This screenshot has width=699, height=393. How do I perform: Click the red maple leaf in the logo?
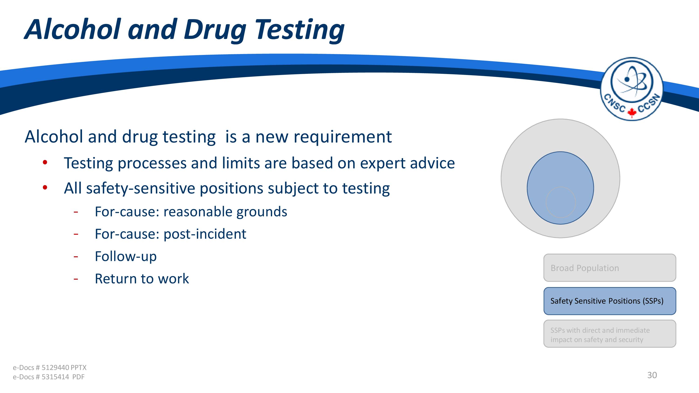click(x=631, y=112)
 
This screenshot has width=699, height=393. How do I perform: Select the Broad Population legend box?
click(x=610, y=268)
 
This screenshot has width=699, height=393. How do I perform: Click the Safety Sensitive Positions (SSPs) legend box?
click(x=610, y=301)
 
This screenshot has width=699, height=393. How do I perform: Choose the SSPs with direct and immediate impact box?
click(x=610, y=334)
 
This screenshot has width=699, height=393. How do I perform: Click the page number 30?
click(x=652, y=375)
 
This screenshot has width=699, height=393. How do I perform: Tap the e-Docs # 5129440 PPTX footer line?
click(x=50, y=367)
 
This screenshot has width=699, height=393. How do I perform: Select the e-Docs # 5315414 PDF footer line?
click(x=49, y=377)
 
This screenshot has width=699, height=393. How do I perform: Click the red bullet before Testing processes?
click(x=45, y=163)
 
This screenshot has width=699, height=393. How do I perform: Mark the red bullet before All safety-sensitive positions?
click(x=45, y=187)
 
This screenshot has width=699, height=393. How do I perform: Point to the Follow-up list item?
click(x=126, y=257)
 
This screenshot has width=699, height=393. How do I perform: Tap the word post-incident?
click(x=205, y=234)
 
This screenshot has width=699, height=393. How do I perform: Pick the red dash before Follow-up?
click(x=76, y=257)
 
